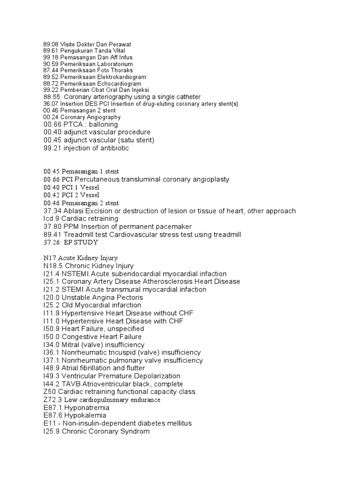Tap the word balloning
[x=102, y=125]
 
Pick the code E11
[x=49, y=423]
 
